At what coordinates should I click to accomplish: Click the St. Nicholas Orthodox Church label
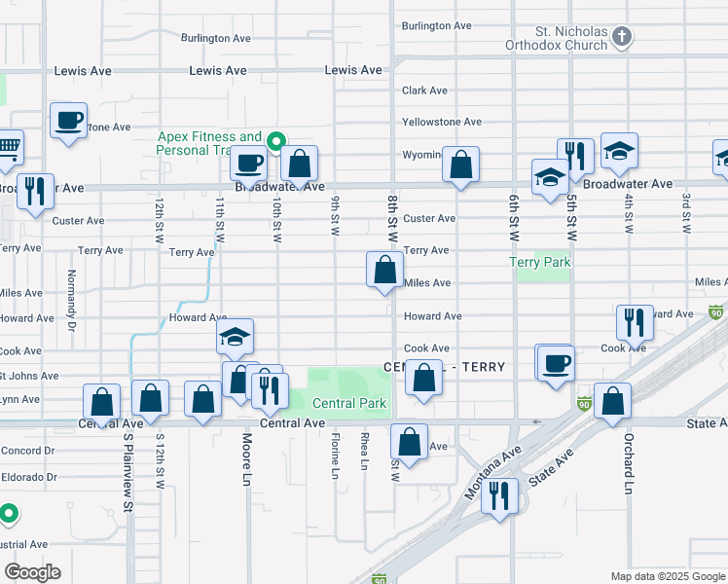pos(556,37)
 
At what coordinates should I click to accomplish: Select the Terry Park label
pos(540,262)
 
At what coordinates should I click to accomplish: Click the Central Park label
pos(348,403)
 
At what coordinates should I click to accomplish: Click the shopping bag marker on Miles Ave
pos(384,270)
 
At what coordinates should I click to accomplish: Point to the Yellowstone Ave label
pos(442,122)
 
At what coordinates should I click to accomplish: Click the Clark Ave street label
pos(424,91)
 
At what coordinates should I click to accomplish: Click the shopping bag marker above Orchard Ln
pos(612,401)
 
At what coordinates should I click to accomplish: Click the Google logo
pos(32,572)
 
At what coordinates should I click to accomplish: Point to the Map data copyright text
pos(667,576)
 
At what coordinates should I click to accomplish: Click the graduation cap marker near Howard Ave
pos(235,337)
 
